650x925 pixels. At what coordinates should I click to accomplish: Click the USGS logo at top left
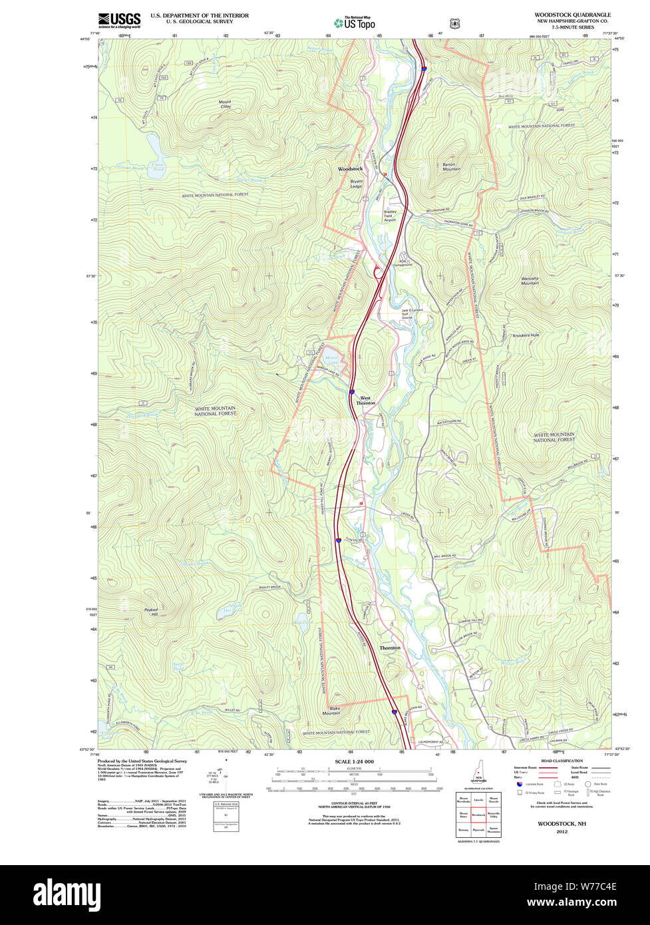coord(119,20)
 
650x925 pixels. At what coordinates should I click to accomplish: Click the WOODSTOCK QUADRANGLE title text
coord(571,15)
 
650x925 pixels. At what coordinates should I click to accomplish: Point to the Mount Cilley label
coord(225,104)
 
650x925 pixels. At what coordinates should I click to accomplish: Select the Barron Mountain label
coord(451,166)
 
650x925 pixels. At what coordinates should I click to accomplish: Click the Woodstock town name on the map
coord(350,169)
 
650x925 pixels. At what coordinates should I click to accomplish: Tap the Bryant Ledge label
coord(357,184)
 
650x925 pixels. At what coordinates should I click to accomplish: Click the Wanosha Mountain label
coord(530,281)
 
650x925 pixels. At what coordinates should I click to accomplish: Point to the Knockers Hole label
coord(526,335)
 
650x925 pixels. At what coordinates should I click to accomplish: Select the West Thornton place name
coord(365,401)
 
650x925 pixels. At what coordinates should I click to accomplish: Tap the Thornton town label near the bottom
coord(390,647)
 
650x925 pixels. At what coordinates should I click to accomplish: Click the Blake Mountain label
coord(331,710)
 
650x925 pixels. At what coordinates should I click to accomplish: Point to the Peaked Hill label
coord(151,612)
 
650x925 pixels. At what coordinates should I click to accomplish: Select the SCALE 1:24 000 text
coord(354,761)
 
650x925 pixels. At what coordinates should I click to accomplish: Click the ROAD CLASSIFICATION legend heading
coord(562,761)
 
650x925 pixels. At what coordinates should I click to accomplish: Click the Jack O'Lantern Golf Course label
coord(412,313)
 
